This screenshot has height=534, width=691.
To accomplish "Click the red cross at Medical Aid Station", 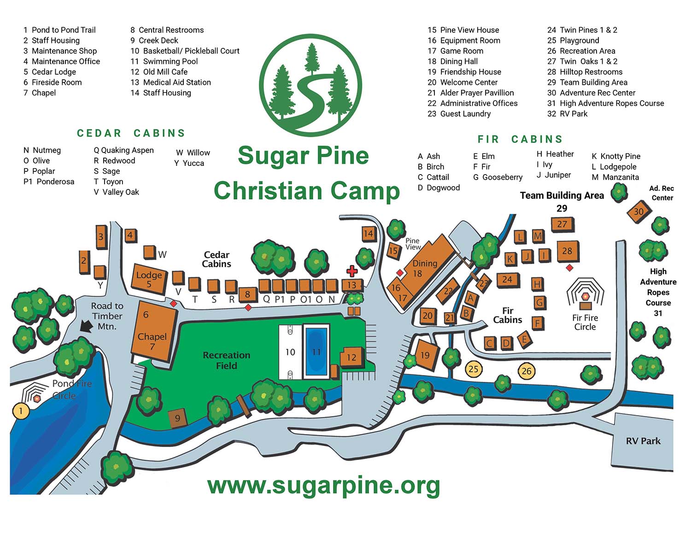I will click(352, 271).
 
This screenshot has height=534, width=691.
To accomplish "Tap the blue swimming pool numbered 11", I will click(316, 352).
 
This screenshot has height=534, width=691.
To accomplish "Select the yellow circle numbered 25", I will click(474, 369).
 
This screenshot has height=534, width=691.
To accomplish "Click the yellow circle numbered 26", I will click(527, 371).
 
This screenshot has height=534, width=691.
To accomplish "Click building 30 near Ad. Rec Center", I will click(639, 212).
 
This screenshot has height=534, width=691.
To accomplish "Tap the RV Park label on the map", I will click(643, 441).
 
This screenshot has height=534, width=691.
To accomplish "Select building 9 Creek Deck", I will click(177, 418).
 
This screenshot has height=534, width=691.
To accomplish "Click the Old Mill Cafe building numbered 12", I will click(351, 357).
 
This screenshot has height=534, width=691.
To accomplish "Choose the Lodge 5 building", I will click(149, 279).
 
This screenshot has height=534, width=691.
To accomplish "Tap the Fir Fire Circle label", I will click(585, 322).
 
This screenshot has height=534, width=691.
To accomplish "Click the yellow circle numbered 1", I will click(20, 411).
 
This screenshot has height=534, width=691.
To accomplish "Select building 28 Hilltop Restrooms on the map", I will click(567, 251).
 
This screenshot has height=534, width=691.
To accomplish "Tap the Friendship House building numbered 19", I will click(425, 355).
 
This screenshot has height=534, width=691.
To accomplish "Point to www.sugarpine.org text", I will click(323, 485).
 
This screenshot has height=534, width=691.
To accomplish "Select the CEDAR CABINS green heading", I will click(131, 133).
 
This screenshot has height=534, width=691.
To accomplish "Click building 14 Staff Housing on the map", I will click(368, 234).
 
